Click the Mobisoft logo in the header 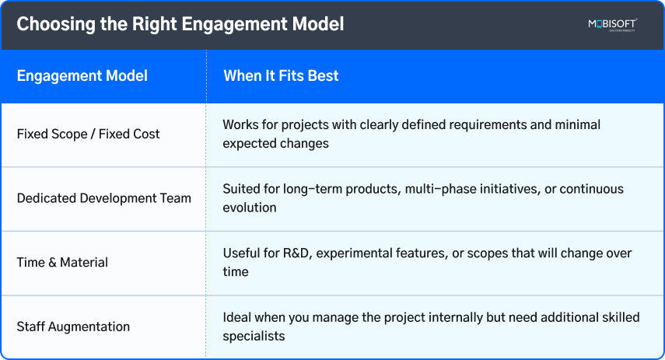click(612, 25)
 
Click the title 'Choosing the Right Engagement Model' click(180, 24)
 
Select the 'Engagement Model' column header click(82, 76)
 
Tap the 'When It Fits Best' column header click(281, 76)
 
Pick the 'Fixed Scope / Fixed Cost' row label click(88, 134)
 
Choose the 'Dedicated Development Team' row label click(103, 198)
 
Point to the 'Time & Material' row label click(62, 263)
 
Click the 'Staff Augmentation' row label click(73, 327)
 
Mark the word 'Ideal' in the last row click(237, 317)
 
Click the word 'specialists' click(254, 336)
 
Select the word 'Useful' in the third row click(240, 253)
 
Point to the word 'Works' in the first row click(240, 124)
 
